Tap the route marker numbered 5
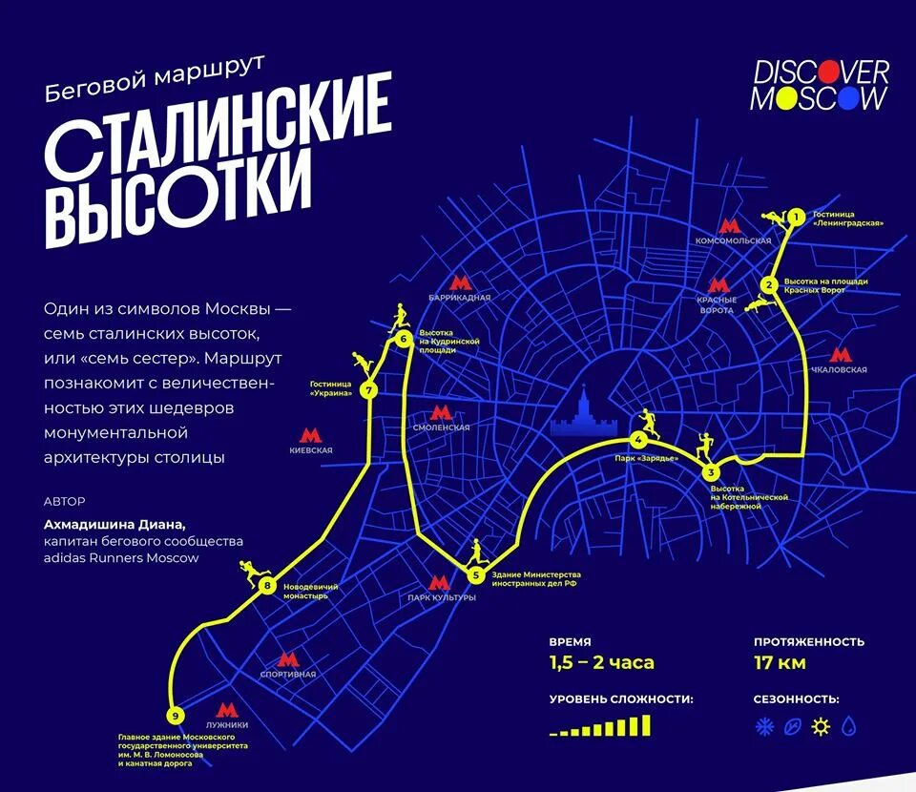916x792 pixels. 475,574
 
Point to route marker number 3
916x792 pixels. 710,472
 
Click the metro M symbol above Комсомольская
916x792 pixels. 731,226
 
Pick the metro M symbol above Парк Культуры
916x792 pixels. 440,583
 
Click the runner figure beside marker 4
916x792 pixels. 649,423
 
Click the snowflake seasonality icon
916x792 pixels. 763,727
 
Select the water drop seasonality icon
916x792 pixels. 847,727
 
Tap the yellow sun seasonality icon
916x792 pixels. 819,727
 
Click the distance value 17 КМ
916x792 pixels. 780,662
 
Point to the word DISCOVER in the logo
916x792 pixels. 821,72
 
